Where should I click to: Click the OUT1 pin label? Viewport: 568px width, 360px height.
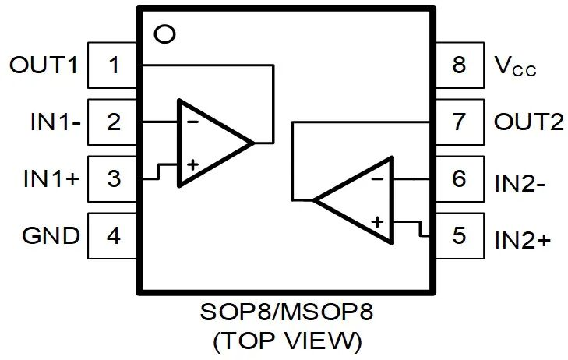(x=44, y=65)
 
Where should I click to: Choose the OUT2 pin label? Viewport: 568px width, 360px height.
(x=528, y=122)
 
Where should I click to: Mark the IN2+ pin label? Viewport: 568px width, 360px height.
(x=523, y=238)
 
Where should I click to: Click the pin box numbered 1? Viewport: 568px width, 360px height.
(x=114, y=65)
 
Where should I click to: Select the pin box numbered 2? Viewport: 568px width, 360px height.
(x=114, y=122)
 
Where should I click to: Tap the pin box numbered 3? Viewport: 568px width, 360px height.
(x=114, y=178)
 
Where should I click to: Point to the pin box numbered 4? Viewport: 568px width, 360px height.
(x=114, y=235)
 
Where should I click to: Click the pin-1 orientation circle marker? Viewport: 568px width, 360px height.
(x=164, y=35)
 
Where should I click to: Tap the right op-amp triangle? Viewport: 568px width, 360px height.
(x=362, y=200)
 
